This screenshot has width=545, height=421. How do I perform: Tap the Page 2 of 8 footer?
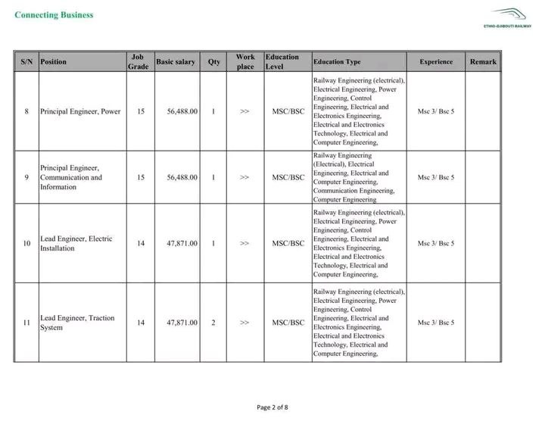click(272, 407)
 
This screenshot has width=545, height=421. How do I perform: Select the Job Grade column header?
click(138, 61)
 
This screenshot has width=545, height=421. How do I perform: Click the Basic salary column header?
click(175, 61)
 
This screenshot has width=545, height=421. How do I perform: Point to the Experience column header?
click(436, 61)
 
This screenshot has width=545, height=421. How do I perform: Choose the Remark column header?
click(483, 61)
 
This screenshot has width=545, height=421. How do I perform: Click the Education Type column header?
click(337, 61)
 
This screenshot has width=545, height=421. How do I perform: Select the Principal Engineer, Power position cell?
click(80, 111)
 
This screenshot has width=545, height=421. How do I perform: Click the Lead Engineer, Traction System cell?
click(76, 323)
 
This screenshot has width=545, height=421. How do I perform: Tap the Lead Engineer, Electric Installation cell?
click(76, 243)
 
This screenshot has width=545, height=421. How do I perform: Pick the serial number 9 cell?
click(26, 177)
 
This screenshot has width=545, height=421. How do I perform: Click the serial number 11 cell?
click(26, 323)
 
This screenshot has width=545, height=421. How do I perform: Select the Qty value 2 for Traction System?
click(213, 323)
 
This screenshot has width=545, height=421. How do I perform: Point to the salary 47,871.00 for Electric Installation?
click(182, 243)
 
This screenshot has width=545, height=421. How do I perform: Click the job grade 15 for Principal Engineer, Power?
click(141, 111)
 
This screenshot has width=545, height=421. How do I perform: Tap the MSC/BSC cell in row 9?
click(288, 177)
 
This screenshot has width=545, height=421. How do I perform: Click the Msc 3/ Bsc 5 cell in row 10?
click(436, 243)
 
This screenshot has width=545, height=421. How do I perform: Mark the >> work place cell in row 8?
click(244, 111)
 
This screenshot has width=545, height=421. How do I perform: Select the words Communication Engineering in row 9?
click(353, 191)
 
